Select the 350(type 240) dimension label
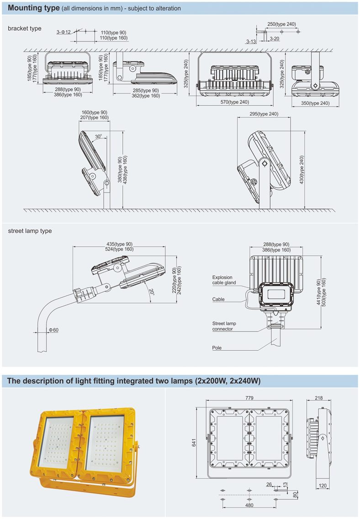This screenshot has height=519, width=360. coord(315,103)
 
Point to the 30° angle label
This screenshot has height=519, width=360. coord(99,136)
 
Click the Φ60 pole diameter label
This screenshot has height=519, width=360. coord(53,330)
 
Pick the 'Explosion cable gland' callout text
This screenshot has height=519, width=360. coord(224,280)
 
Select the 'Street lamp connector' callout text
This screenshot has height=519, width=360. coord(224,326)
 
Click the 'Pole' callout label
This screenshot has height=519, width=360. coord(217,348)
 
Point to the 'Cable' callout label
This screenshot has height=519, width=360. coord(218,300)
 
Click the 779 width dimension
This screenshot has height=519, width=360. coord(249,398)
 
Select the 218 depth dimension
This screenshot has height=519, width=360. coord(318,398)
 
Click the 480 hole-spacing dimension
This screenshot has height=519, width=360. coord(249,505)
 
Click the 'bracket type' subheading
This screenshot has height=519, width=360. coord(24,28)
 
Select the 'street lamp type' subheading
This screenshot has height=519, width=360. coord(30,231)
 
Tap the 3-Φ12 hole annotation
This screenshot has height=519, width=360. coord(64,32)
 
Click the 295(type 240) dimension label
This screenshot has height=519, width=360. coord(264,114)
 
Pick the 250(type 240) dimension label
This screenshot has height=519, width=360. coord(281,24)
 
